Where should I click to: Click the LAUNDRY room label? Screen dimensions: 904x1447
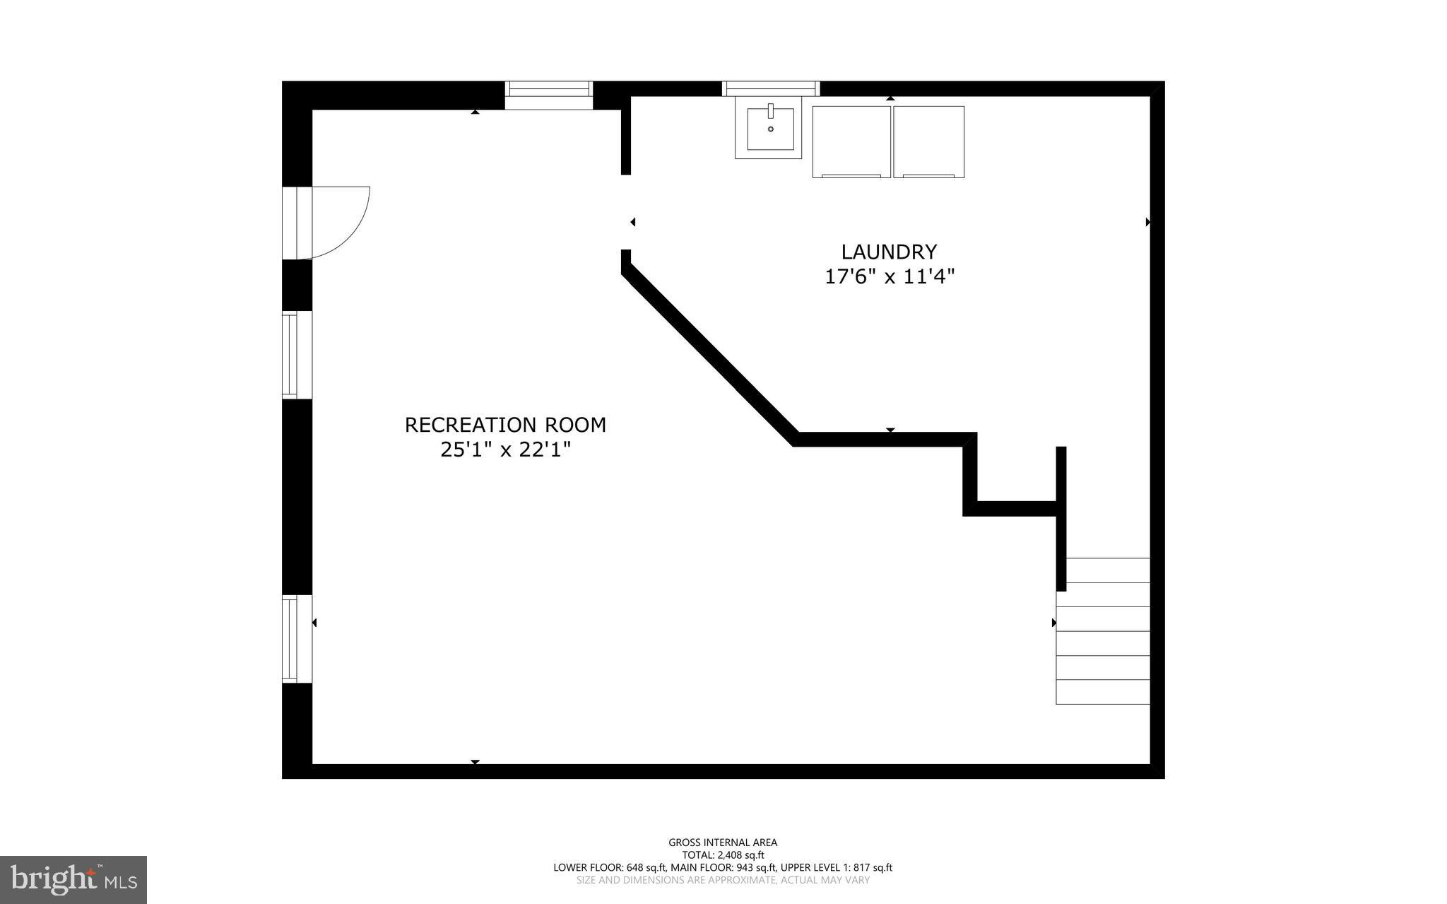coord(889,252)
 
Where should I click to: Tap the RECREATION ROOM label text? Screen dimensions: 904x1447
coord(505,425)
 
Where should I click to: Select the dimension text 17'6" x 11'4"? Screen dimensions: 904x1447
coord(890,276)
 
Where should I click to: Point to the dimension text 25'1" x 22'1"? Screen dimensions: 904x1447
coord(505,450)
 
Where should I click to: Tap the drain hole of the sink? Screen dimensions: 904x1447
coord(770,129)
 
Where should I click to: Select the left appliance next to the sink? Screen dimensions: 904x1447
coord(851,141)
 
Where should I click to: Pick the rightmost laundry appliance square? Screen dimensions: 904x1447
coord(928,141)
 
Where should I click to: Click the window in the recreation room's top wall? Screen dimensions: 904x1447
coord(549,95)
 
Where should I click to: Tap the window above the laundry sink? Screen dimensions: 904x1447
coord(770,88)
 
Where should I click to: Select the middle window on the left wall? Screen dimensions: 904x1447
coord(290,355)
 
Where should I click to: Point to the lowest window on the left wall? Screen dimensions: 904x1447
coord(290,639)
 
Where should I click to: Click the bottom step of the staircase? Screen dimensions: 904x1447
coord(1102,692)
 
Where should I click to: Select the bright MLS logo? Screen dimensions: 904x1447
coord(73,879)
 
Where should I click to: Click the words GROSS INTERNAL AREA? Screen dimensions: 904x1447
coord(723,843)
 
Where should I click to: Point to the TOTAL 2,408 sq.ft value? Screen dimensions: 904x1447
coord(723,855)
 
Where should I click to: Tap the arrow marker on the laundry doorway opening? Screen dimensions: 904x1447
coord(632,222)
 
